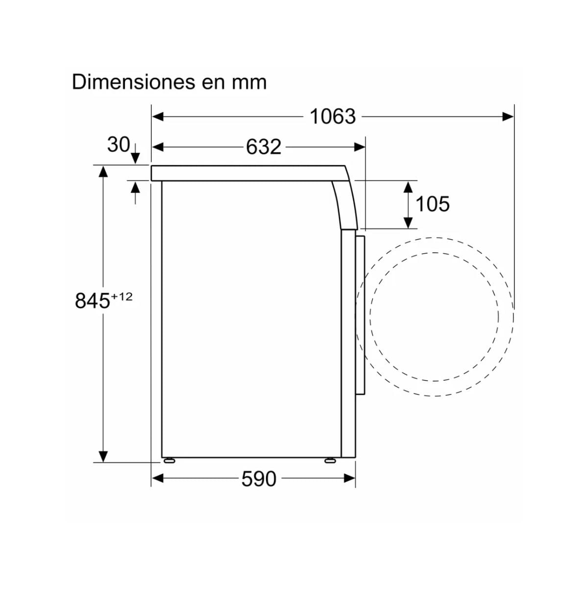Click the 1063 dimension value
(333, 117)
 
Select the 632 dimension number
(264, 147)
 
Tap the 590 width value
(259, 479)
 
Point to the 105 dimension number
(432, 204)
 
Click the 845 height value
(92, 301)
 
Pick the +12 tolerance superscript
(122, 296)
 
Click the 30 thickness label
(118, 145)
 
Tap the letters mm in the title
(249, 82)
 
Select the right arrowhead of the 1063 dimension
(509, 117)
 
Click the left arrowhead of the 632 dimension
(157, 147)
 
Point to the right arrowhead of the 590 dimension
(350, 478)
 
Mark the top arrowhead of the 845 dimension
(103, 172)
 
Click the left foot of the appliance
(169, 460)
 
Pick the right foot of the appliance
(330, 460)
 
